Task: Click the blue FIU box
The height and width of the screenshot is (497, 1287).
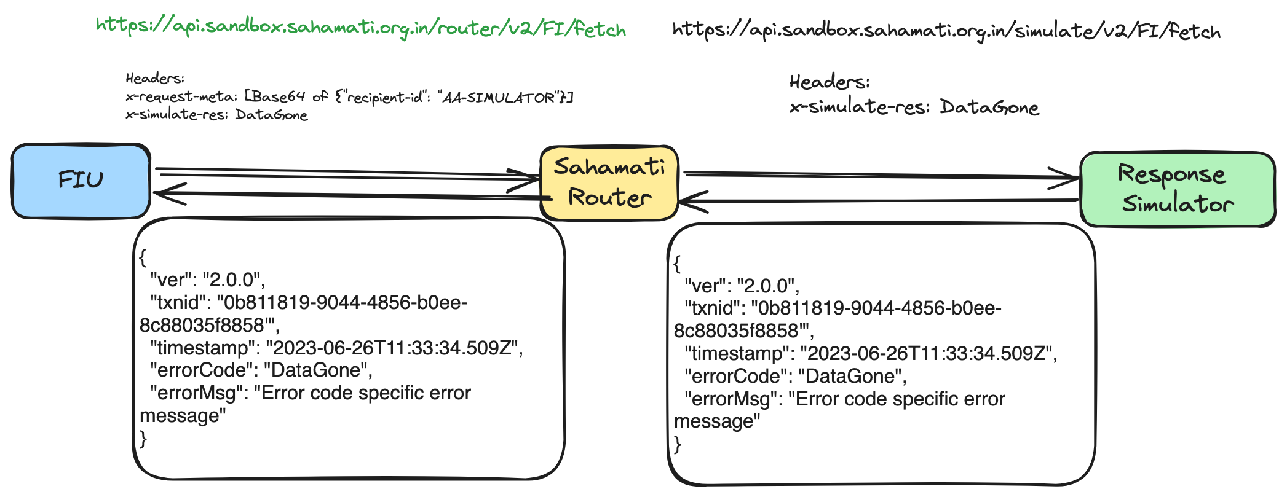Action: [81, 181]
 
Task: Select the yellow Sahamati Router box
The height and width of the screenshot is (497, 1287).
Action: [609, 182]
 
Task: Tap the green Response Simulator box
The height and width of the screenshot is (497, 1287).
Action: [1177, 189]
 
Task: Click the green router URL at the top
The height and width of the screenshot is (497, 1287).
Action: [361, 28]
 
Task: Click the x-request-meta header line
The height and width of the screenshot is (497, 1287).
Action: [349, 97]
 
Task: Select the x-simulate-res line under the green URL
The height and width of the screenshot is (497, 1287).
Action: [216, 115]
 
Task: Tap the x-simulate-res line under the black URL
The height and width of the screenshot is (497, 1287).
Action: [914, 108]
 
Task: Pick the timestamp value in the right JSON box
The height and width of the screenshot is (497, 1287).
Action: [929, 354]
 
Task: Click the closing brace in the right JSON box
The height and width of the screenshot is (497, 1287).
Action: [678, 444]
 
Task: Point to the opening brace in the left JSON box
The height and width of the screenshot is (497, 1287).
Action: [143, 257]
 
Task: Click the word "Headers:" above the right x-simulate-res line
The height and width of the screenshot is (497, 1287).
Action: [830, 82]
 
